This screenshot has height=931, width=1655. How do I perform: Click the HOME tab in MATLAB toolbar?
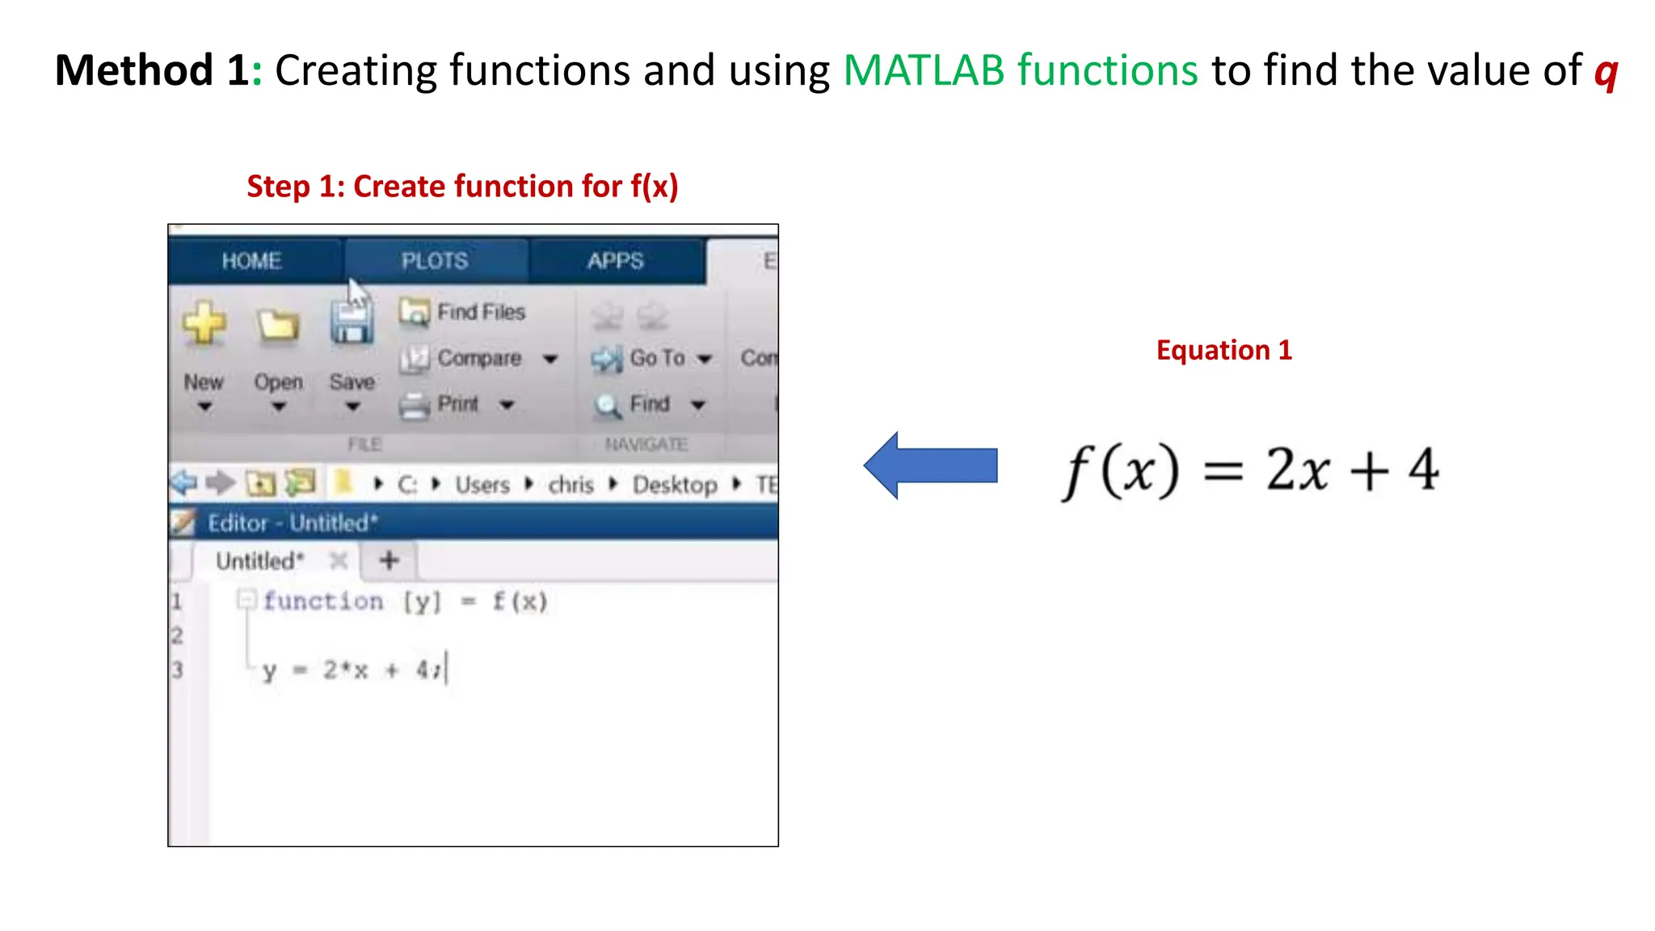251,261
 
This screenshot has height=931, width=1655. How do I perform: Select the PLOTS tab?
435,261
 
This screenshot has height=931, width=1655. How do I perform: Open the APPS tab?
615,261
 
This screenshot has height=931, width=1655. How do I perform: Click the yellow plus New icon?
204,324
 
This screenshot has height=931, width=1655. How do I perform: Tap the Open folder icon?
278,325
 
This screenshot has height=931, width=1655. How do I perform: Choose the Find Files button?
480,312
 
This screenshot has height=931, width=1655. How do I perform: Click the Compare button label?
479,358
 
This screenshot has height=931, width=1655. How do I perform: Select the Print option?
457,403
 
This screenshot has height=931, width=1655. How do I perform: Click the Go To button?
656,358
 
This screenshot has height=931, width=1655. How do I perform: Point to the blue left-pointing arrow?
931,465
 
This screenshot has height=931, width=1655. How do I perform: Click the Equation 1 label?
1223,350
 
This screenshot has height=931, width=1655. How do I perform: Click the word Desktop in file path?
675,485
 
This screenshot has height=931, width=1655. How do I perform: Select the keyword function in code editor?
323,601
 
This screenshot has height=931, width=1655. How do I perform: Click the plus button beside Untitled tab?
390,560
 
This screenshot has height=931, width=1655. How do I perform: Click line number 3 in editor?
178,670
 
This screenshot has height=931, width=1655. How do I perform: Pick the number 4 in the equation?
1423,470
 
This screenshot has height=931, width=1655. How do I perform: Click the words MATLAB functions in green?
1020,70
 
